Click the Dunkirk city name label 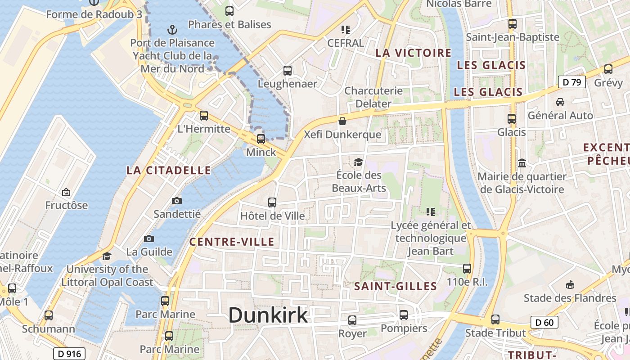[268, 315]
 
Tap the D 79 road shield [571, 82]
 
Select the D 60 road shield [544, 322]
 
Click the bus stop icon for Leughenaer [288, 71]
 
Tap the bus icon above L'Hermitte [204, 116]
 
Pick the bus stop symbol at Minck [261, 139]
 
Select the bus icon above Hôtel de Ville [272, 202]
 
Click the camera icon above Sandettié [177, 201]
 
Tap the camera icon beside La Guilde [149, 238]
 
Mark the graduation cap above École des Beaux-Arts [358, 162]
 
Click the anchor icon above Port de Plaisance [172, 30]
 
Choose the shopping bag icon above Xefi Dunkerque [342, 121]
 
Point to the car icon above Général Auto [560, 102]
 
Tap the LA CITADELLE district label [168, 170]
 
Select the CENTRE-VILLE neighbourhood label [232, 242]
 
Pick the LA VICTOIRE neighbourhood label [413, 53]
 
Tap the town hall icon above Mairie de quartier [522, 162]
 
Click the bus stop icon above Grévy [608, 69]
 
